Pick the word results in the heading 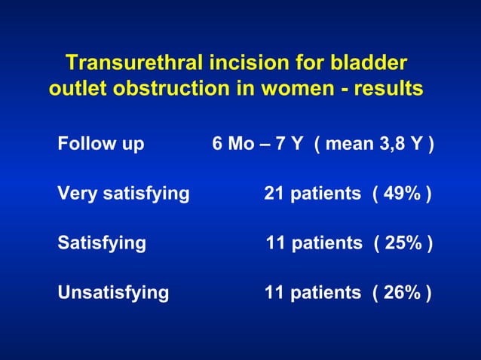click(388, 90)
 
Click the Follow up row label click(100, 144)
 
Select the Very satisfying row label click(123, 194)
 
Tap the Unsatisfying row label click(113, 292)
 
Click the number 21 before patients click(274, 194)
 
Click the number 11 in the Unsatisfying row click(274, 292)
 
